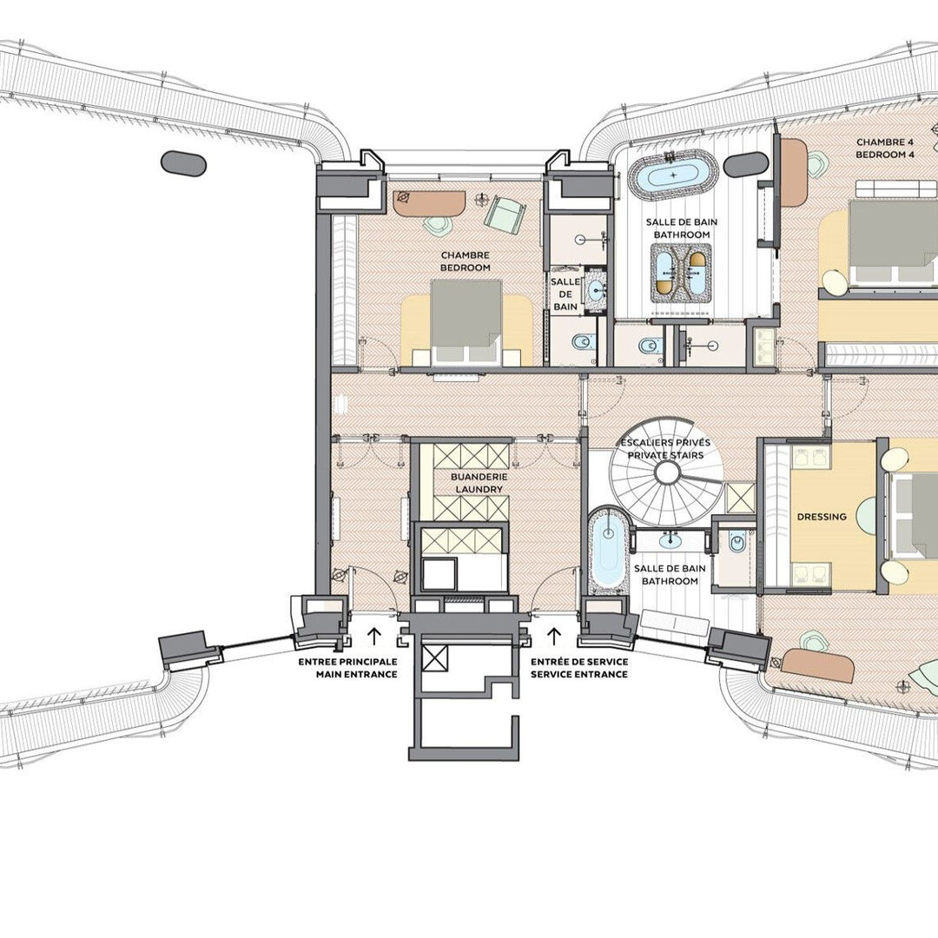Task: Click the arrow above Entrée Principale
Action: click(x=373, y=636)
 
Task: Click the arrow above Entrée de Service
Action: click(x=554, y=636)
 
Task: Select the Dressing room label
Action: click(x=822, y=517)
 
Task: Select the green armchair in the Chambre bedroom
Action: click(x=505, y=214)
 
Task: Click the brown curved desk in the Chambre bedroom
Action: click(x=429, y=203)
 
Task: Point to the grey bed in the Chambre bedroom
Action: click(x=466, y=322)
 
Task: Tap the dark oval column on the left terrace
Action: click(x=183, y=162)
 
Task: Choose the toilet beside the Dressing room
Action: click(x=737, y=543)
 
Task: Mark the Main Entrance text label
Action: click(x=357, y=674)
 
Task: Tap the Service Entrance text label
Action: click(x=579, y=674)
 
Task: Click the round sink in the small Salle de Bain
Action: click(x=597, y=291)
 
